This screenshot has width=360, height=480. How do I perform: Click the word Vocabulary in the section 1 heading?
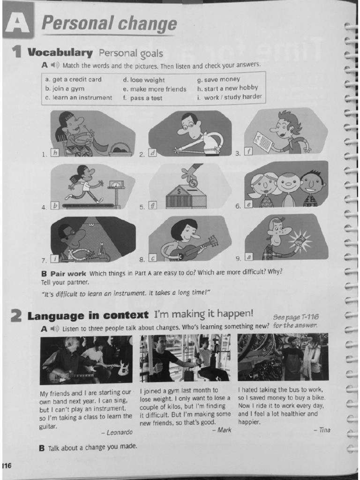tap(60, 52)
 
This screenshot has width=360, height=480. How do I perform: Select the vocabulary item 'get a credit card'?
tap(73, 80)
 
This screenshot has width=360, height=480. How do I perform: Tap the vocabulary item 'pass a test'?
tap(142, 98)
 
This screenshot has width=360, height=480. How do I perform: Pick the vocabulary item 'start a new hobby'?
tap(228, 88)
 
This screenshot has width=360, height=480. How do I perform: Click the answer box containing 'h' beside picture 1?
tap(54, 152)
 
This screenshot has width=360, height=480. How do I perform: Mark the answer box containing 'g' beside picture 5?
tap(152, 205)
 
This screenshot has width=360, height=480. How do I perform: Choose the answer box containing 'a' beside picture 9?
tap(248, 257)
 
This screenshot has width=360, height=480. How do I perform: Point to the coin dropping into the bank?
tap(193, 184)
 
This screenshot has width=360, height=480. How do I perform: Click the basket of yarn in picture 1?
tap(120, 150)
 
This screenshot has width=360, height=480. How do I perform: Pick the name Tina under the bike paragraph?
tap(322, 430)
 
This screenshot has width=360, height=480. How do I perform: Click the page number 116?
tap(6, 465)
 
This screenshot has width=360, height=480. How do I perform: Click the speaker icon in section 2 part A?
tap(54, 329)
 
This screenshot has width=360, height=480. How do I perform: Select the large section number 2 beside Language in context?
tap(16, 315)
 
